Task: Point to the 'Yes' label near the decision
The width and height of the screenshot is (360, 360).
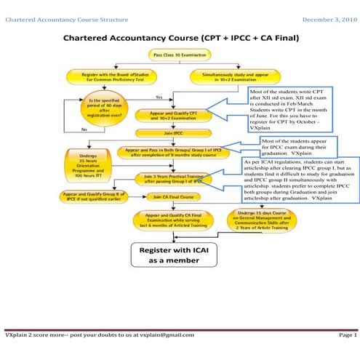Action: [x=159, y=97]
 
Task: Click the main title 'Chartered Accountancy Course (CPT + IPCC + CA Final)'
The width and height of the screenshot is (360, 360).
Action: [x=180, y=37]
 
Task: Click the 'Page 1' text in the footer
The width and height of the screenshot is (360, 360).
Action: [x=348, y=335]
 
